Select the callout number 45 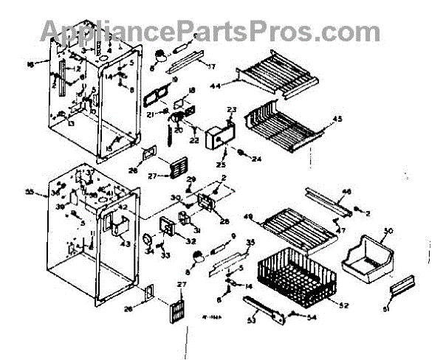pos(339,119)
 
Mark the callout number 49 pos(248,216)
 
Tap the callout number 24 pos(257,159)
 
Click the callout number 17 pos(211,66)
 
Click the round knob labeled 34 pos(147,240)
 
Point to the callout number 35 pos(250,242)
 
